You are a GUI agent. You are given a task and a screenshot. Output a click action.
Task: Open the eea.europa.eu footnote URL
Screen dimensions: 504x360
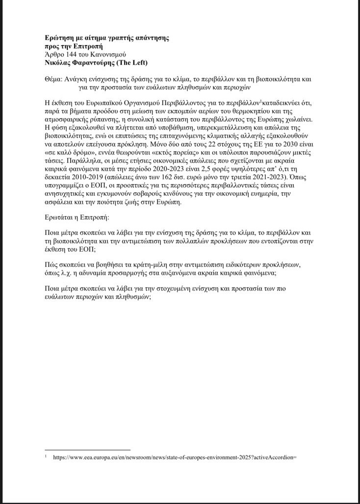175,457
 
